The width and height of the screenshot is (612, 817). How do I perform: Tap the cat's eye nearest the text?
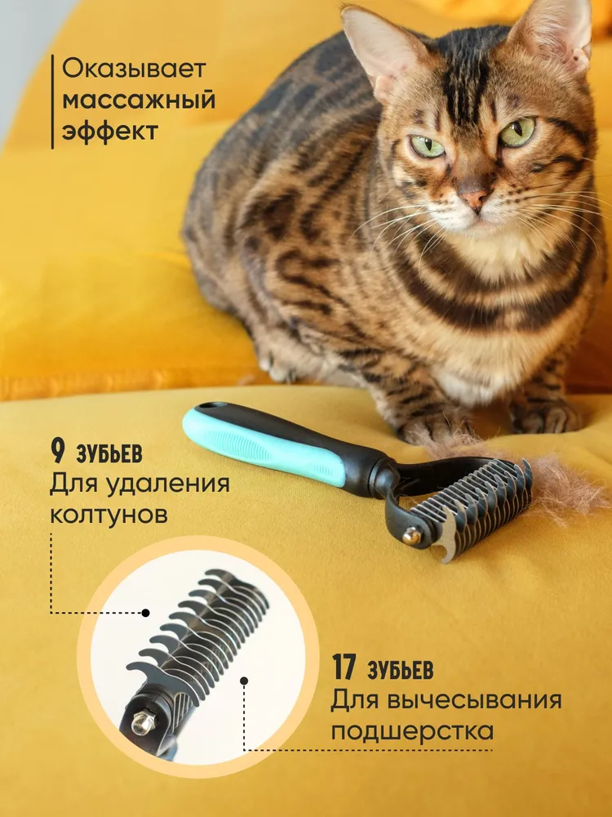(428, 146)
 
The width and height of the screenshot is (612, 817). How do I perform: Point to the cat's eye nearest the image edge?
(517, 132)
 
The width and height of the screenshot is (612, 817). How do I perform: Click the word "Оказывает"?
(135, 69)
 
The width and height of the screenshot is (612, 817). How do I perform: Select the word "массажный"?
(139, 100)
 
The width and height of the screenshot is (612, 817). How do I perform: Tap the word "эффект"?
(110, 130)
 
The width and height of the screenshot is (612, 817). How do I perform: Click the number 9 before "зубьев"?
(58, 452)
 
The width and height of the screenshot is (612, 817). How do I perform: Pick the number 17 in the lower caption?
(344, 668)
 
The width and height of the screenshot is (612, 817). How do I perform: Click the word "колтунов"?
(109, 515)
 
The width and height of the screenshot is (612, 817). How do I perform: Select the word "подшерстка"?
(412, 731)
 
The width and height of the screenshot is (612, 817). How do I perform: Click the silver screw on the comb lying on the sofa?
(411, 536)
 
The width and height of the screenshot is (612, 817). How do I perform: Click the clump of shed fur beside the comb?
(562, 487)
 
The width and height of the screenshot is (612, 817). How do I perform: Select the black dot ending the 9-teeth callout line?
(146, 614)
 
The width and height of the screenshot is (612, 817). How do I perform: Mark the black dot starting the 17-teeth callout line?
(244, 681)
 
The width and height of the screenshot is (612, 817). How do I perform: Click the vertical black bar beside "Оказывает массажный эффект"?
(52, 101)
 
